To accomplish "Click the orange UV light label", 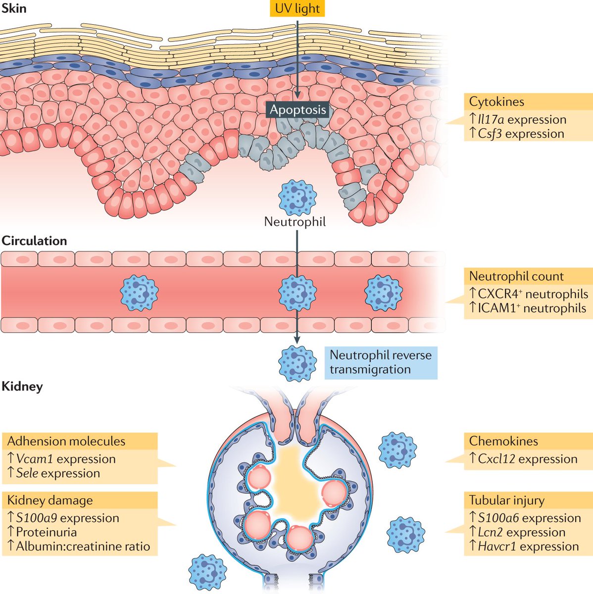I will (297, 8).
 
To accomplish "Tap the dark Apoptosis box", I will (297, 109).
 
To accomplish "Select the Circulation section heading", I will (34, 241).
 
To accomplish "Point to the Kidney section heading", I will (22, 386).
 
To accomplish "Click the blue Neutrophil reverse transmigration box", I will (381, 362).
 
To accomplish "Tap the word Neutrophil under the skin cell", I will (295, 221).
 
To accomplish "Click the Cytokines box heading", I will (496, 102).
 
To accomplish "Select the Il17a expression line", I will (517, 119).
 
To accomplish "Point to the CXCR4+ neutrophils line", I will (528, 294).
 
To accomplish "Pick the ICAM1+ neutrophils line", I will (527, 308).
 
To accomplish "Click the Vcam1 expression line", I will (61, 459).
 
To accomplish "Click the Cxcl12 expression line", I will (523, 459).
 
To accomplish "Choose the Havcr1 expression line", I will (524, 546).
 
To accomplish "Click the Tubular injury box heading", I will (506, 500).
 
